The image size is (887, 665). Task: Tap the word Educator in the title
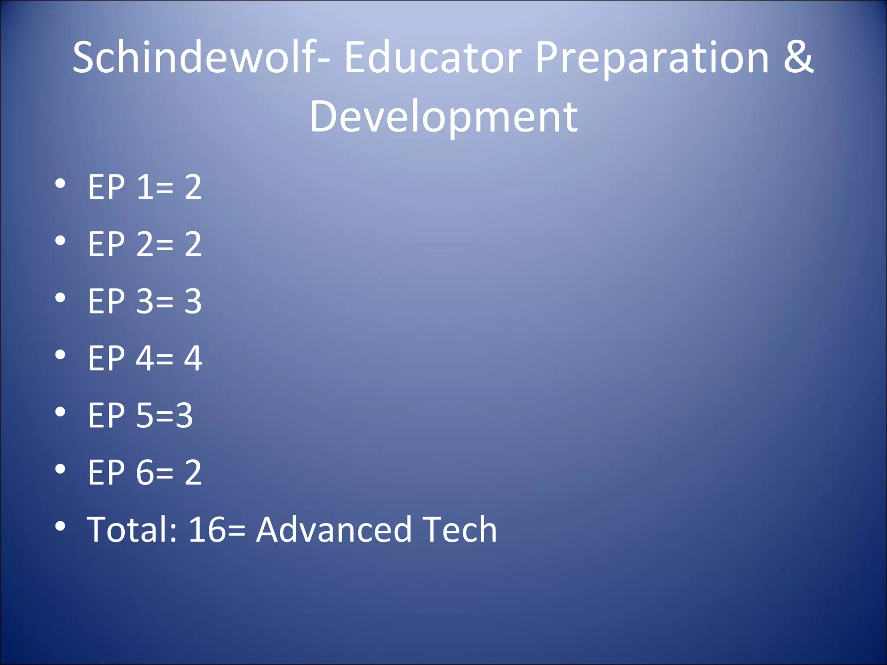tap(433, 57)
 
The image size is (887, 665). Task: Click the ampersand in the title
tap(798, 57)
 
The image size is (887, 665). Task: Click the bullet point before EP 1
tap(60, 184)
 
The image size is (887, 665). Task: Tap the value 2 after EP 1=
tap(193, 187)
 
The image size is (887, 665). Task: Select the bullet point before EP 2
tap(60, 241)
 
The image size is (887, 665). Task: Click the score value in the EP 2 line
tap(193, 244)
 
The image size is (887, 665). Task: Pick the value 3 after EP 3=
tap(193, 301)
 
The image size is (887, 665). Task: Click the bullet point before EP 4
tap(60, 355)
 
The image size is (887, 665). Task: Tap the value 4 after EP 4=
tap(193, 358)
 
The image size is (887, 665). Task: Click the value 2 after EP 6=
tap(193, 472)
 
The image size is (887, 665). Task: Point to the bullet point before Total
tap(60, 526)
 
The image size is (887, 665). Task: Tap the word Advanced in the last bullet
tap(333, 529)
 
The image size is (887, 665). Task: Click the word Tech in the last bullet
tap(460, 529)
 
